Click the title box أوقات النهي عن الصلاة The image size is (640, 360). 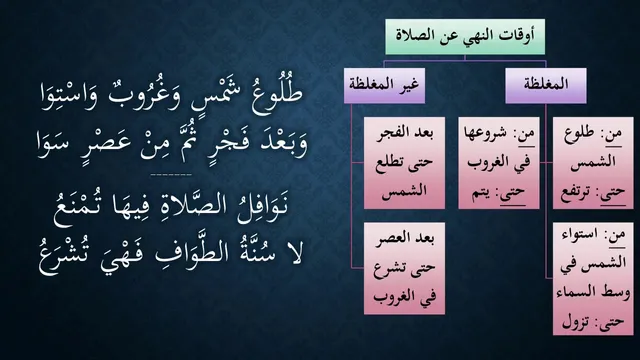click(x=465, y=37)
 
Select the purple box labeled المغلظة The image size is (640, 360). click(x=546, y=86)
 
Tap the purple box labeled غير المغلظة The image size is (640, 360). click(x=384, y=86)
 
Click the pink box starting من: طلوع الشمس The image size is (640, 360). click(x=593, y=163)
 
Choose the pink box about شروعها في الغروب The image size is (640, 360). click(x=498, y=163)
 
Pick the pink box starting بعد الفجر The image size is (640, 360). click(x=404, y=163)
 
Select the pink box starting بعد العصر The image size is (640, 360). click(x=404, y=268)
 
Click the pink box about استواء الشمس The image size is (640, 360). click(x=593, y=279)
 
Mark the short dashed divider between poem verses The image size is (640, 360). click(x=171, y=175)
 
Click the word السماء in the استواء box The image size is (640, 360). click(x=575, y=292)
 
